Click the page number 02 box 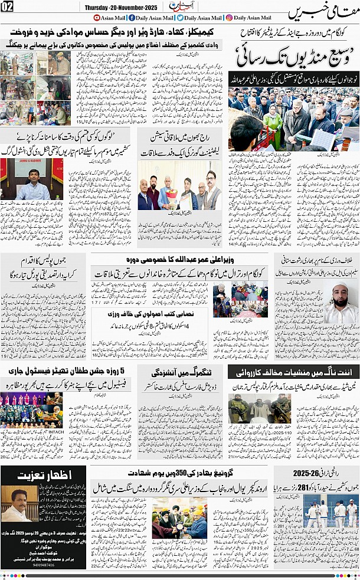tap(7, 7)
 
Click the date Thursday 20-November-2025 tap(122, 7)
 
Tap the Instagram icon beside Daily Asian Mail tap(228, 18)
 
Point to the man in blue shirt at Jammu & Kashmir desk tap(32, 185)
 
